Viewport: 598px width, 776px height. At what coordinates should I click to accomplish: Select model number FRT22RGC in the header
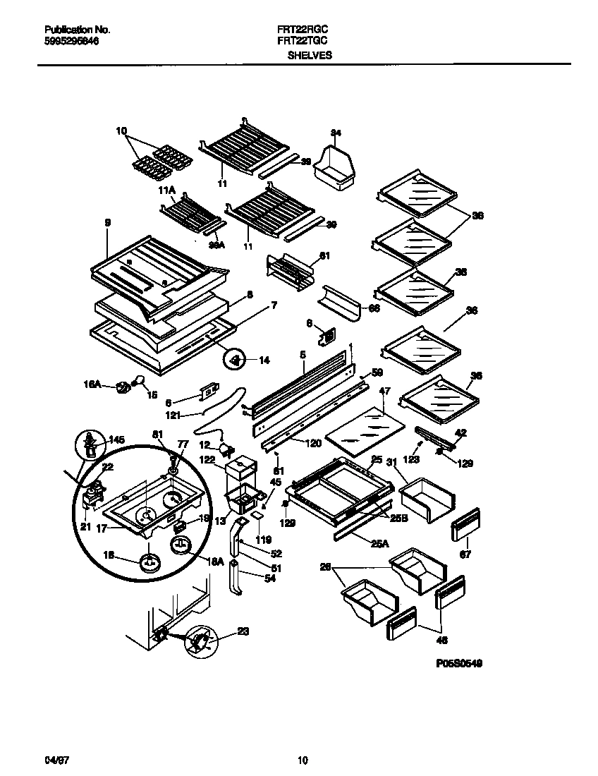coord(298,30)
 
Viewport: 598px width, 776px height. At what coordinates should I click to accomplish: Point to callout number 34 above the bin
coord(336,133)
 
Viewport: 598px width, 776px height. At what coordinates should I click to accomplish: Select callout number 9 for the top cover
coord(107,223)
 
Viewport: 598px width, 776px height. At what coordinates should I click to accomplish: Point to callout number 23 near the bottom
coord(243,632)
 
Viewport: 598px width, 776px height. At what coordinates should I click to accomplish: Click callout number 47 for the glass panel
coord(384,390)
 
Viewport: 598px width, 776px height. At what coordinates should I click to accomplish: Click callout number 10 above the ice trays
coord(121,131)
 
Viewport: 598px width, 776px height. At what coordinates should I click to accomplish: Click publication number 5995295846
coord(71,42)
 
